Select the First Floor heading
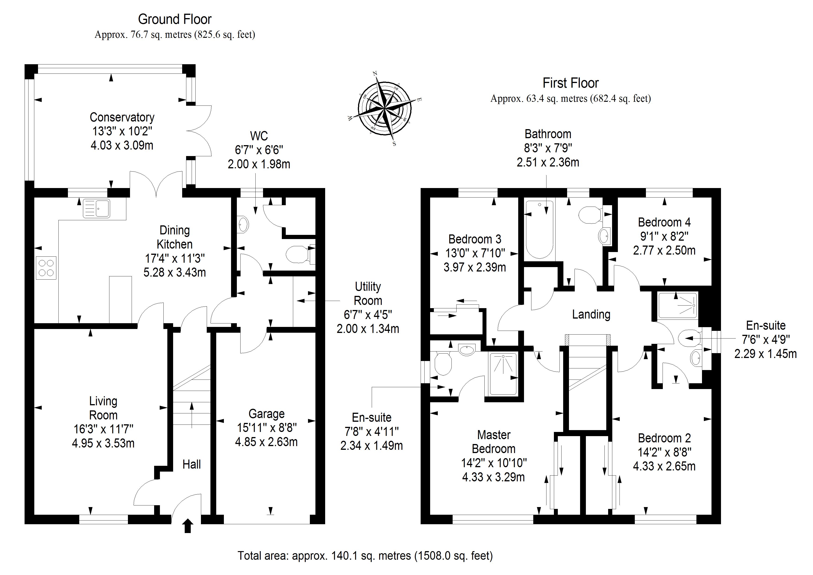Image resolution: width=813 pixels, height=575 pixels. coord(570,83)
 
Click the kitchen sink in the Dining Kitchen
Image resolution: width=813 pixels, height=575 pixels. coord(96,208)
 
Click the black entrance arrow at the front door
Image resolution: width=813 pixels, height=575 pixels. coord(188,526)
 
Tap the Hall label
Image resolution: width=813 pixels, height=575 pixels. coord(192,464)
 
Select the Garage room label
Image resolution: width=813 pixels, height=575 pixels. coord(266,414)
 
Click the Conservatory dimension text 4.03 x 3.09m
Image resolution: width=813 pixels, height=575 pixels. coord(122,145)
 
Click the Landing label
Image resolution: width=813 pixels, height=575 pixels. coord(591,314)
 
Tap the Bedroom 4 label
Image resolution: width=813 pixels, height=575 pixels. coord(664,222)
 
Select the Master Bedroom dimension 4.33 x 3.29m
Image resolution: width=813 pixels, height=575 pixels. coord(493,477)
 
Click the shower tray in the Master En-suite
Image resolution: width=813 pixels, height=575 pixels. coord(503,374)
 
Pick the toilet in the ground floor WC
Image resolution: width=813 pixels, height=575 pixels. coord(297,254)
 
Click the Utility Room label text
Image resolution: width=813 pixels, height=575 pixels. coord(368,293)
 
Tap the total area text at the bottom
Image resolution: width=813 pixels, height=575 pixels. coord(365,556)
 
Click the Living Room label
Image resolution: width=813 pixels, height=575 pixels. coord(103,408)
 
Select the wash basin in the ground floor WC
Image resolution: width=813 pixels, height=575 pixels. coord(243,224)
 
